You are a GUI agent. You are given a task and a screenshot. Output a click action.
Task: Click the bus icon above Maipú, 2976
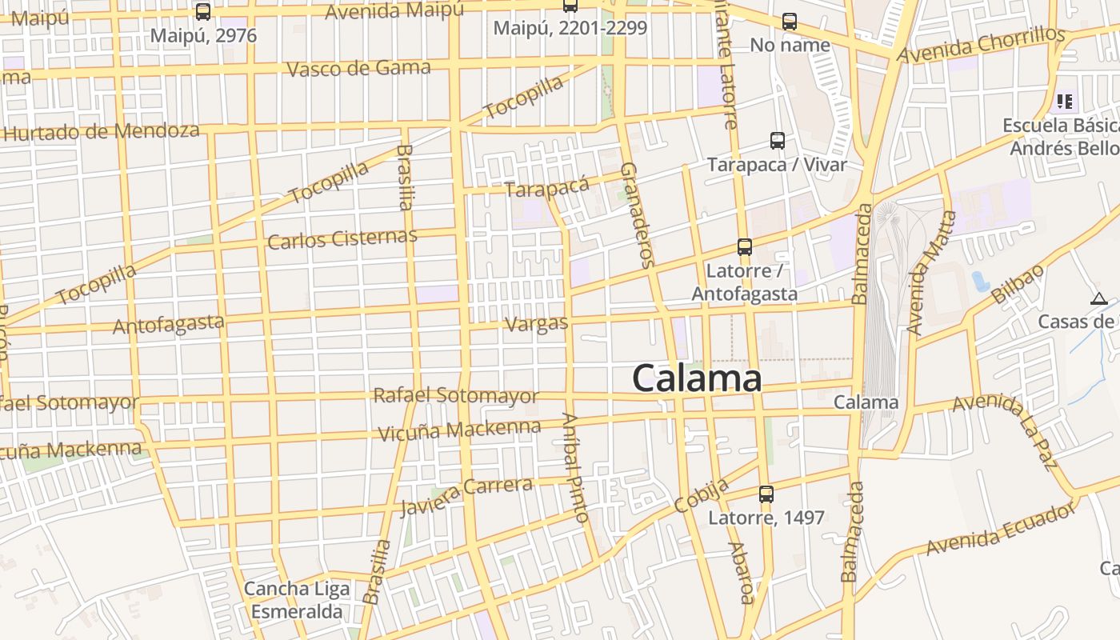203,12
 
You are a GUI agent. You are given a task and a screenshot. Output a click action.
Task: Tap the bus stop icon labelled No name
790,22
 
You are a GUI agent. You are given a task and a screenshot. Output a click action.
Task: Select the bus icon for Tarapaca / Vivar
777,141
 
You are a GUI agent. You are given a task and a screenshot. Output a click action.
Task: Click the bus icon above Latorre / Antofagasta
745,246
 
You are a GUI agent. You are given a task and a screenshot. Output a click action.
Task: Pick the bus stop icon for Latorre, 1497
766,494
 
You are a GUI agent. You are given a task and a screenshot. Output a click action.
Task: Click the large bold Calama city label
697,378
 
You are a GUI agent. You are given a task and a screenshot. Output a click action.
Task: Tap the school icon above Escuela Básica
1064,102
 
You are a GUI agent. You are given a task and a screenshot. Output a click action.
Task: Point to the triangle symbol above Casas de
1098,299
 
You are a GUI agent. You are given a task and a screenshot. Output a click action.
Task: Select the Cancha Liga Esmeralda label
297,601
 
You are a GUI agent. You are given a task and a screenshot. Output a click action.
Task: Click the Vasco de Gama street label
358,68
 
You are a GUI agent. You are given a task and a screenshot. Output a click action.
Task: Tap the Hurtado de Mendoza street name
102,131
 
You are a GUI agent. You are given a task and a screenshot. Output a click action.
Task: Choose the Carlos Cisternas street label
342,238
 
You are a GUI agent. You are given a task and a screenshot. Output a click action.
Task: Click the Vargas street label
537,324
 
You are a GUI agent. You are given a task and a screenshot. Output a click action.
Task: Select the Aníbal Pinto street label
576,467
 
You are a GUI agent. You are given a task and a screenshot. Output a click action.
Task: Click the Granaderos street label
638,214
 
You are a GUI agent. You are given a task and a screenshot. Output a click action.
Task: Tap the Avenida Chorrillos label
981,45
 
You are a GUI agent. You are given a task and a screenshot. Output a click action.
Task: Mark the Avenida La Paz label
1015,432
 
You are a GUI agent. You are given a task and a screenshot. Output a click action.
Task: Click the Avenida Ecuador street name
1002,528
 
